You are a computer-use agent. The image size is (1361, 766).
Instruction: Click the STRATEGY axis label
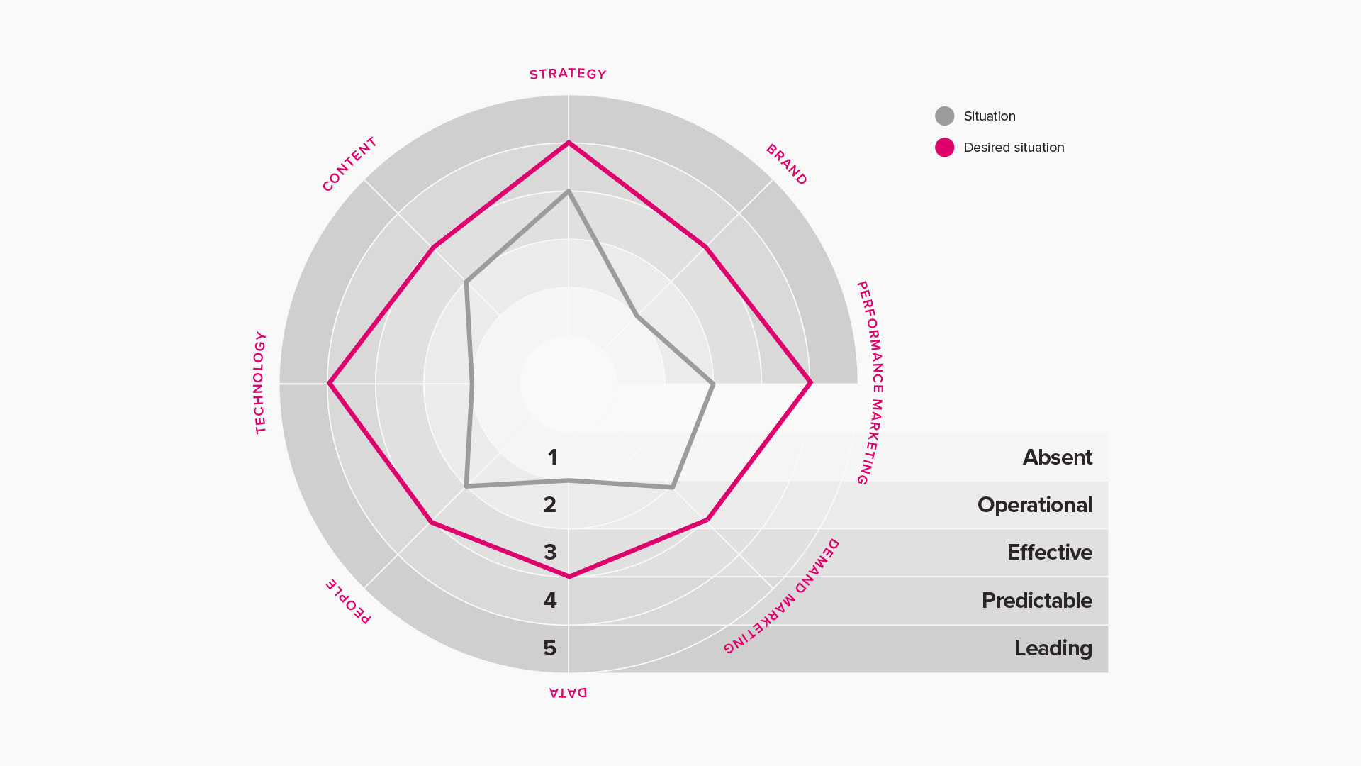click(568, 74)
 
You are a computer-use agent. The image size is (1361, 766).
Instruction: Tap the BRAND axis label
click(787, 165)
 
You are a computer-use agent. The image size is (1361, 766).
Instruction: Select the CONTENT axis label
click(349, 165)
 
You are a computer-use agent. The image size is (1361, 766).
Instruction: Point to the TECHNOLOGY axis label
click(260, 383)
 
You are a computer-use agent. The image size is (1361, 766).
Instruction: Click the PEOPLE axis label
click(348, 601)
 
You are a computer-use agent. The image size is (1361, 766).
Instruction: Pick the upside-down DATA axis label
click(568, 692)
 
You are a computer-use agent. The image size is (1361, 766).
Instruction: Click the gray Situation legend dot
click(944, 116)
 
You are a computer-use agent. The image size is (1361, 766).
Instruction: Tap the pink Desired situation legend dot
click(944, 148)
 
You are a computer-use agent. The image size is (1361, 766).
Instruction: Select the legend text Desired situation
click(1014, 148)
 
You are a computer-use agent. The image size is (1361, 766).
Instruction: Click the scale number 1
click(552, 457)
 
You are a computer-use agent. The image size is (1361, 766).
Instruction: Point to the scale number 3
click(550, 553)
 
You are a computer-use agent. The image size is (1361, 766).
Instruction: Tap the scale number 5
click(550, 648)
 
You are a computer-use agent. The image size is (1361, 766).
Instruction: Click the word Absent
click(1058, 457)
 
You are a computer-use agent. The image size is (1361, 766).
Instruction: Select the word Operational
click(1035, 505)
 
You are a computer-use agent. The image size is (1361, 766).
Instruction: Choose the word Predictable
click(1037, 601)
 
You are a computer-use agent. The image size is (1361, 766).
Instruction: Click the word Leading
click(1053, 648)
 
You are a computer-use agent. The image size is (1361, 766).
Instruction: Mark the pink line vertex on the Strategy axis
click(569, 143)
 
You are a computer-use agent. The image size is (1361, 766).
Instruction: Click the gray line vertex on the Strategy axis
click(569, 191)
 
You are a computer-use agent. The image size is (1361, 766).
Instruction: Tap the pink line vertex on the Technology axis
click(329, 384)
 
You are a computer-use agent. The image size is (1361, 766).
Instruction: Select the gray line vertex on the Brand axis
click(637, 316)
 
